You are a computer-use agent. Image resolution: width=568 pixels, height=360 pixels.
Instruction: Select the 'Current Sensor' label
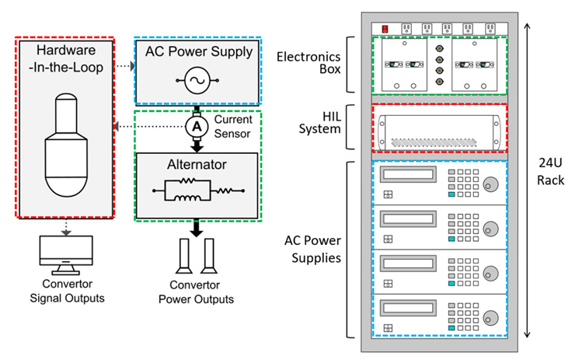[x=233, y=126]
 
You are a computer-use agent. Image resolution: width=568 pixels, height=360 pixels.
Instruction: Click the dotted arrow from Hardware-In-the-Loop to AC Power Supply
[x=124, y=67]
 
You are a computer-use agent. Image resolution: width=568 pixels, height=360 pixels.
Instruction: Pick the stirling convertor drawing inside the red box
[x=65, y=145]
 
